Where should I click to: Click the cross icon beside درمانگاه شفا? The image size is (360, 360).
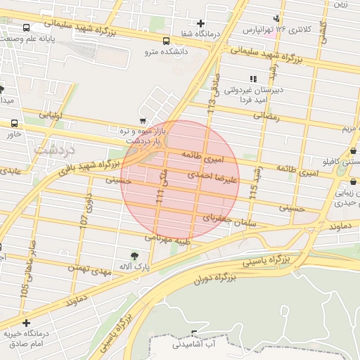coord(200,24)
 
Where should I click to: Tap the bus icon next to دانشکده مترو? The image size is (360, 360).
coord(166,41)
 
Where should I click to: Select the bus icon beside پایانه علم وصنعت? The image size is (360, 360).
coord(27,28)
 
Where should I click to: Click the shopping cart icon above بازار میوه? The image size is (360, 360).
coord(143,121)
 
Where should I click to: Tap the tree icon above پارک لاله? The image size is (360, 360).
coord(134,257)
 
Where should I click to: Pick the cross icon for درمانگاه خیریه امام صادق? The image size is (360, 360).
coord(27,323)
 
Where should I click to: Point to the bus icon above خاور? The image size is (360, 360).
coord(15,122)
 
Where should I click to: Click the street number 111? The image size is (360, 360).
coord(159,200)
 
